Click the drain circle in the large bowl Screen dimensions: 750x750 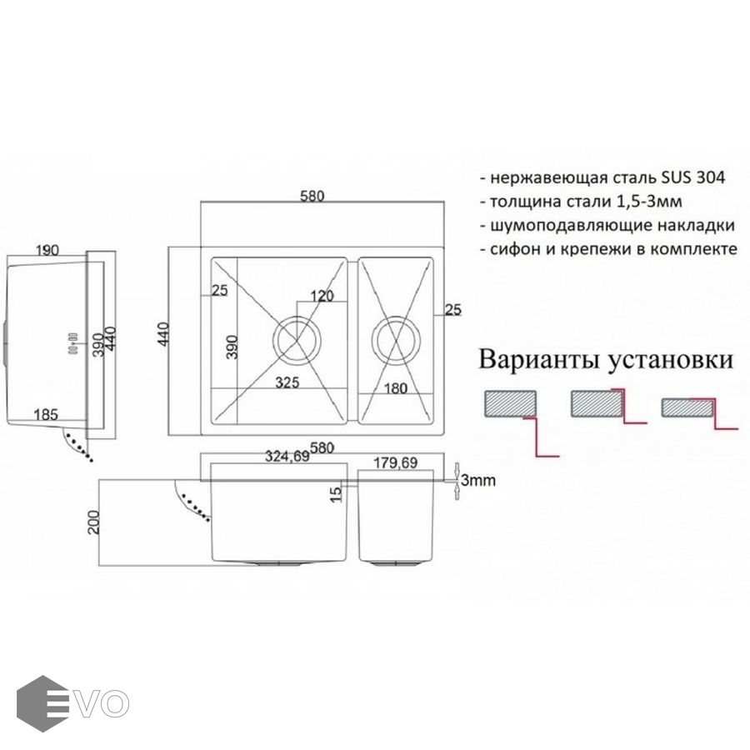click(296, 340)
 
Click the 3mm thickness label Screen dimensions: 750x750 click(478, 481)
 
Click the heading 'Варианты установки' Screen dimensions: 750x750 click(606, 361)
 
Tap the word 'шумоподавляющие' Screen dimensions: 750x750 click(567, 225)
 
